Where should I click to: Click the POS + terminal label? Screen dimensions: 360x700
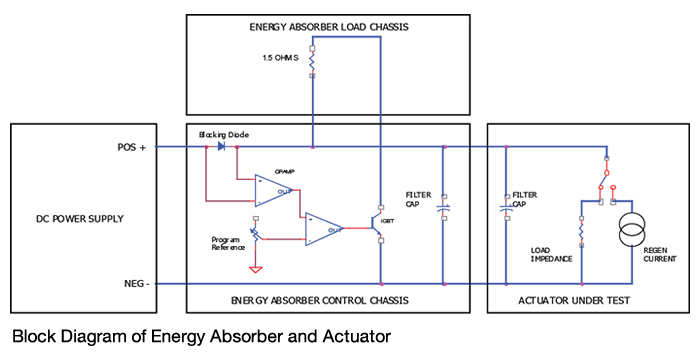coord(132,147)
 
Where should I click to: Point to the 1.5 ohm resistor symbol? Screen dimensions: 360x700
coord(312,62)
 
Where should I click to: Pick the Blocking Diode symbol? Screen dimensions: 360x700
coord(223,147)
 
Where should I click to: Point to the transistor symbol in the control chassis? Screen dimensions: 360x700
coord(377,223)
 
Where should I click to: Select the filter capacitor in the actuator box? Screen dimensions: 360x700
coord(506,207)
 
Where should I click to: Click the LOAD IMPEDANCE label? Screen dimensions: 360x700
coord(550,256)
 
